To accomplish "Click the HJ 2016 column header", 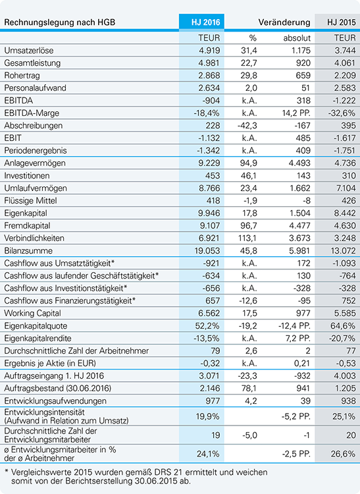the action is coord(205,22).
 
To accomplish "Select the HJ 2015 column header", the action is coord(341,22).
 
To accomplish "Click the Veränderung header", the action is coord(284,22).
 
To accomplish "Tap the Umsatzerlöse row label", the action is coord(29,51).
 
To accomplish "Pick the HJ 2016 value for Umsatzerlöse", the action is coord(209,51).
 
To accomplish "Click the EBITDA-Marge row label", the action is coord(32,113).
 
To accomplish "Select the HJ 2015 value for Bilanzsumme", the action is coord(341,251).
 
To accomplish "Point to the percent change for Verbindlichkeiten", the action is coord(247,238).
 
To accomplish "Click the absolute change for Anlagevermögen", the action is coord(299,163).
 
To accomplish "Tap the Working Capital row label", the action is coord(32,313).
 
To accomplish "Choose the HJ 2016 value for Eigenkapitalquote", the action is coord(207,326).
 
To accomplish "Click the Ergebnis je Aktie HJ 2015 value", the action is coord(346,363).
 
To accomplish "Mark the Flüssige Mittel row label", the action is coord(30,201).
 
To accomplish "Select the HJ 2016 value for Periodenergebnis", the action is coord(209,151).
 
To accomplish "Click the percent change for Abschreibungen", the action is coord(247,126).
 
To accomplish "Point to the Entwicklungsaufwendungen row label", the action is coord(55,400).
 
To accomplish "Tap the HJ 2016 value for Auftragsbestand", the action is coord(209,388).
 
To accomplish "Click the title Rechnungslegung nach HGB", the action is coord(59,22).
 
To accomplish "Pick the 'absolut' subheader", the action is coord(297,38).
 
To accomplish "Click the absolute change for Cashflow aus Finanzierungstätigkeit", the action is coord(304,300).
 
